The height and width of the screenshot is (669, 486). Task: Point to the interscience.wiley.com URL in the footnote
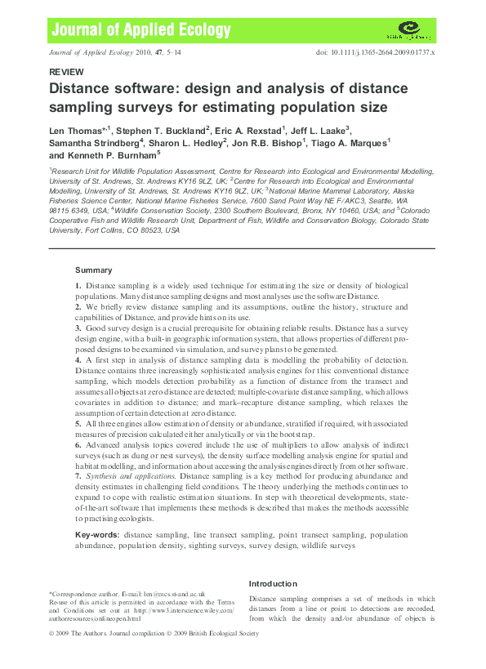pyautogui.click(x=186, y=609)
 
